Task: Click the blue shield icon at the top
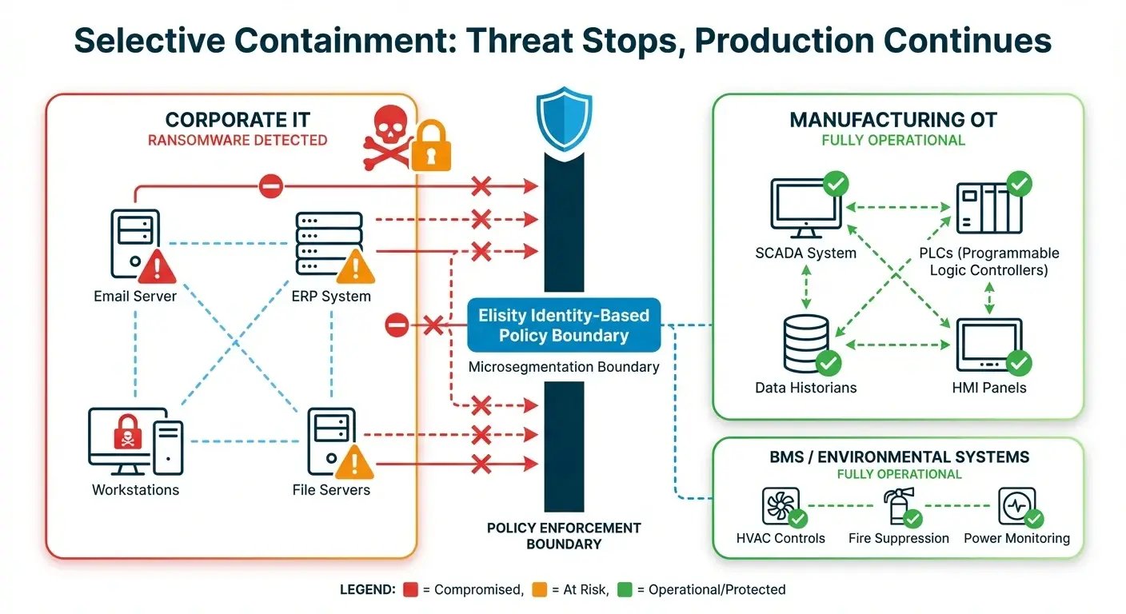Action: (565, 121)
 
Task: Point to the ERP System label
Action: (332, 297)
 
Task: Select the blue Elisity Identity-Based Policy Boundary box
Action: (564, 325)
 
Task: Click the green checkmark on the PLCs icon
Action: (1019, 185)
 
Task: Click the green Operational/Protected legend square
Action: (625, 590)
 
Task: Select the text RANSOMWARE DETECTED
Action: (238, 141)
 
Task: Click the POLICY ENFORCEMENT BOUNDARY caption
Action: (564, 536)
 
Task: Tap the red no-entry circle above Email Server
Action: (270, 187)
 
